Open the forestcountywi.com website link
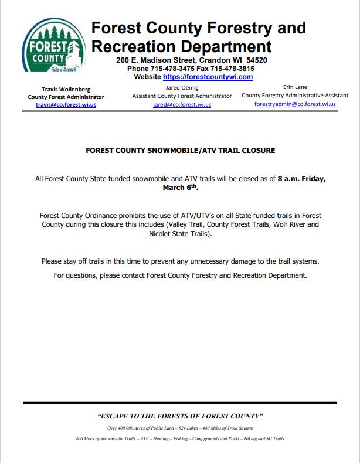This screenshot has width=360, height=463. coord(208,77)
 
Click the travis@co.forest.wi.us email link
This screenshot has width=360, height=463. coord(66,105)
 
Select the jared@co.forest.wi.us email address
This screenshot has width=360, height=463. coord(182,104)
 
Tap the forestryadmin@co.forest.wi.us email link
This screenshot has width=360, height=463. coord(295,104)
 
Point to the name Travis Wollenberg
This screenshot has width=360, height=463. coord(66,89)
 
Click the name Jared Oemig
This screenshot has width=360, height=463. coord(182,87)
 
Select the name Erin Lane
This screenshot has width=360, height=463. coord(295,87)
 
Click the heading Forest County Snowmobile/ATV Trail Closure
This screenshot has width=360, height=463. coord(180,151)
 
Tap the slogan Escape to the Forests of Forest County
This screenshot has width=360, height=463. coord(180,416)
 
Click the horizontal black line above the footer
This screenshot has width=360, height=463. coord(180,403)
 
